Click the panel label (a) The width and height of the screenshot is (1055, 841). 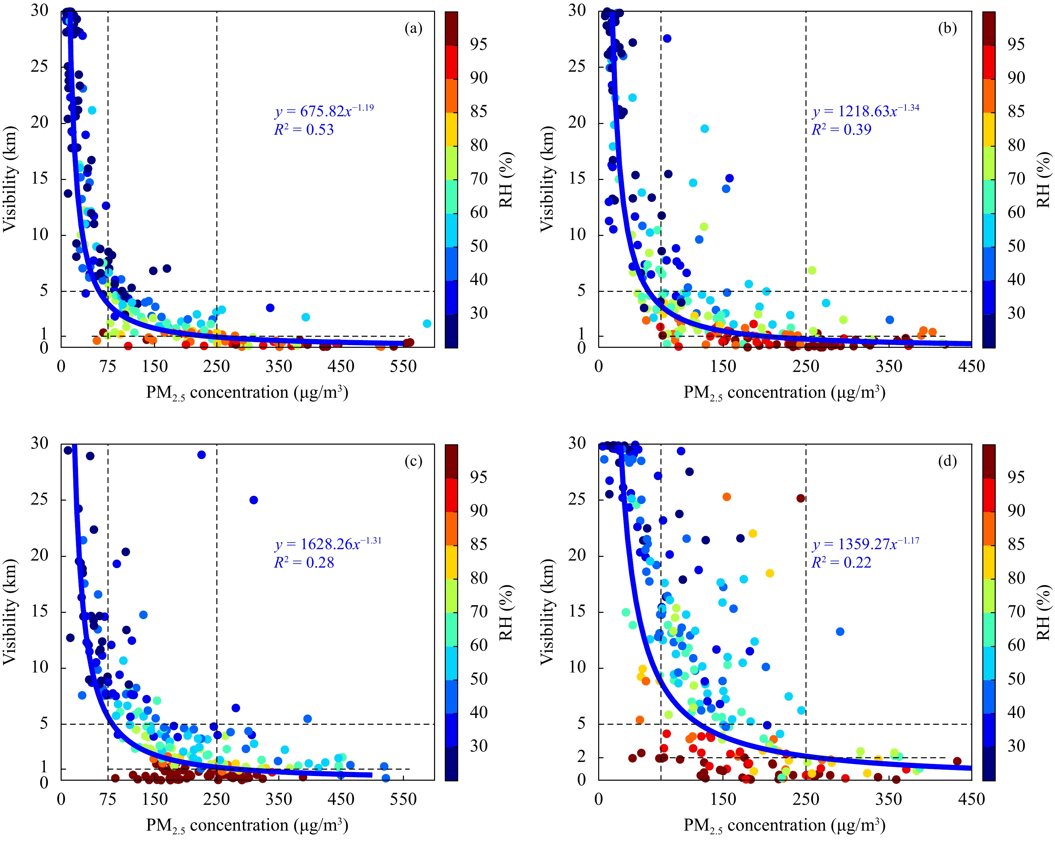coord(413,29)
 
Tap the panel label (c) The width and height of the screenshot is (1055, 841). coord(413,462)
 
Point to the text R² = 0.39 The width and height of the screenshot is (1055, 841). coord(841,130)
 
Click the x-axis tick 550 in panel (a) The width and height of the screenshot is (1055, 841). coord(403,366)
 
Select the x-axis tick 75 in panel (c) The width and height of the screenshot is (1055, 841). coord(108,799)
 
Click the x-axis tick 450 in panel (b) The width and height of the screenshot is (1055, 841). coord(971,366)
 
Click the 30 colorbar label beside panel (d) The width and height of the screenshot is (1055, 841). coord(1016,746)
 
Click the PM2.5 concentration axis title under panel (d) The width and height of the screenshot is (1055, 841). coord(784,826)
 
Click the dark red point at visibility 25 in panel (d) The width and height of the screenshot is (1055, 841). coord(800,498)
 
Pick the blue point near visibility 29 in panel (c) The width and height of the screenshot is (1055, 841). coord(201,455)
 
